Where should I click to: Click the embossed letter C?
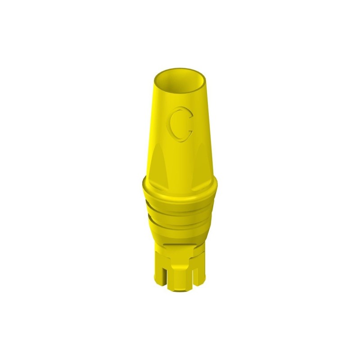click(x=180, y=124)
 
